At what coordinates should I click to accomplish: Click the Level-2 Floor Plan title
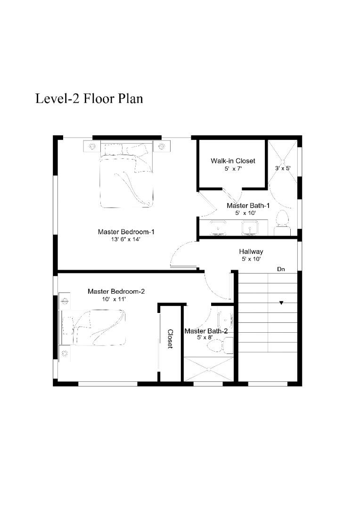(x=89, y=99)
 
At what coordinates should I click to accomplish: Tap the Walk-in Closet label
(x=233, y=161)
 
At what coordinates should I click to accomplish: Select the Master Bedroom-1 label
(x=126, y=232)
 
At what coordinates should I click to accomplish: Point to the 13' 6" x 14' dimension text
(x=125, y=239)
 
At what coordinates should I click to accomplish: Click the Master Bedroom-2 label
(x=116, y=291)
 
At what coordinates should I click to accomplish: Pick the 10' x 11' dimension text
(x=114, y=299)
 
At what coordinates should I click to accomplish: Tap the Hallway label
(x=251, y=252)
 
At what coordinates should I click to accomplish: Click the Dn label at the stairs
(x=281, y=269)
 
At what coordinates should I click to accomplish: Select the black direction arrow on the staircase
(x=281, y=303)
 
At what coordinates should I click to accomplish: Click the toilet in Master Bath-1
(x=282, y=222)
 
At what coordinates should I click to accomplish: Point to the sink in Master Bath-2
(x=225, y=320)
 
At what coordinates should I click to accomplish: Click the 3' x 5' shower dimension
(x=283, y=168)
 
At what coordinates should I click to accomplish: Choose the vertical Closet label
(x=170, y=339)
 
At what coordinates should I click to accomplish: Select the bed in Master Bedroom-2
(x=92, y=327)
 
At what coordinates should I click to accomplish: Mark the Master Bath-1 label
(x=248, y=205)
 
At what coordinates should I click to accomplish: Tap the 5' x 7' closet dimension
(x=233, y=169)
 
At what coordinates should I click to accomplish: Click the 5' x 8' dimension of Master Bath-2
(x=205, y=337)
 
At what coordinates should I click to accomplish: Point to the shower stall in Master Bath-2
(x=209, y=369)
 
